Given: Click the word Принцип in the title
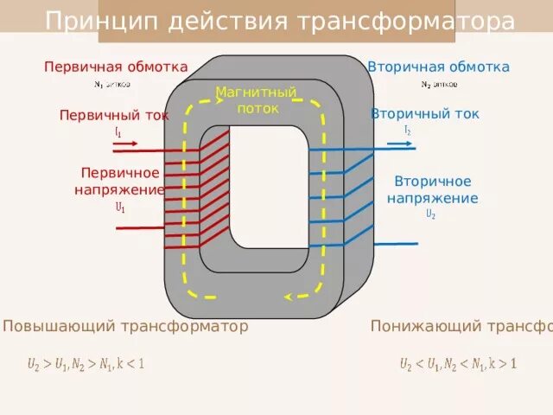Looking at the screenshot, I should [x=85, y=22].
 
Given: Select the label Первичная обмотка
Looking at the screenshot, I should [x=116, y=67].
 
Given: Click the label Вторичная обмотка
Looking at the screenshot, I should [x=438, y=67].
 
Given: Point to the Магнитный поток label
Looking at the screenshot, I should [x=256, y=100].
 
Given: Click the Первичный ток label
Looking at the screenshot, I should [x=114, y=115].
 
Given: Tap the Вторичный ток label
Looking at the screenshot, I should [x=424, y=114].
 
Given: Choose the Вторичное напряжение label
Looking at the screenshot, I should [x=432, y=189].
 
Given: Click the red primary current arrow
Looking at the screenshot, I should [x=125, y=142].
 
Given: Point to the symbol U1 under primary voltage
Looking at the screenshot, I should [x=119, y=207].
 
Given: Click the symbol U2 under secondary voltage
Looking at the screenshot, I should [x=430, y=214].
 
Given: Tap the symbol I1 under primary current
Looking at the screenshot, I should [x=118, y=131].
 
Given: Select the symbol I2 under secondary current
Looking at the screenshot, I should [x=407, y=130].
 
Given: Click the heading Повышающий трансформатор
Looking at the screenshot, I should [x=126, y=326].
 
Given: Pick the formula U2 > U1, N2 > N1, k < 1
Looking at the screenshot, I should [x=86, y=364].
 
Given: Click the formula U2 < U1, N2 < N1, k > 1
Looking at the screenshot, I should [x=457, y=364].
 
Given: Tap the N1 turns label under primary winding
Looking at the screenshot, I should [x=112, y=85].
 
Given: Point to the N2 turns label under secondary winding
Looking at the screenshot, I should [x=439, y=85].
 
